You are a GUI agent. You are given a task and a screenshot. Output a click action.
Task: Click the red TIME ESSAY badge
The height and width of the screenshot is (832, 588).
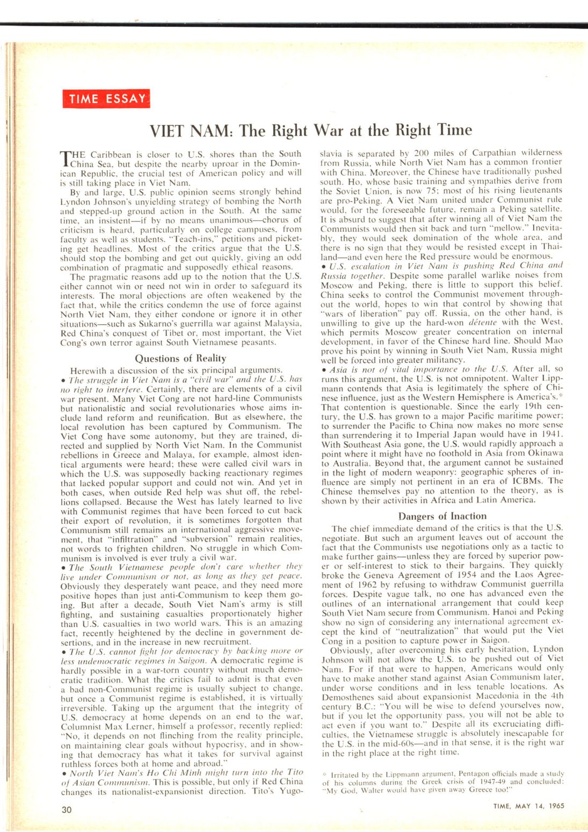[x=106, y=99]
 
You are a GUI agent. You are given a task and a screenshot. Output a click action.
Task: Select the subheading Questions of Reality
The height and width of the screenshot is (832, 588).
[x=180, y=358]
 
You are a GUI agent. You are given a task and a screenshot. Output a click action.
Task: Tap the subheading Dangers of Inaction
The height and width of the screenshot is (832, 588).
[x=442, y=516]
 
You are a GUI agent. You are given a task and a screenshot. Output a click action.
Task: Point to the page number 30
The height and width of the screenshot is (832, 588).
[x=67, y=809]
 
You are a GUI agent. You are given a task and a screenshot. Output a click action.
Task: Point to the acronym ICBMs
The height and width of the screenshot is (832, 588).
[x=530, y=481]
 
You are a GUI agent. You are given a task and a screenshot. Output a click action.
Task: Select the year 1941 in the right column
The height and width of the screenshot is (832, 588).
[x=553, y=434]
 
